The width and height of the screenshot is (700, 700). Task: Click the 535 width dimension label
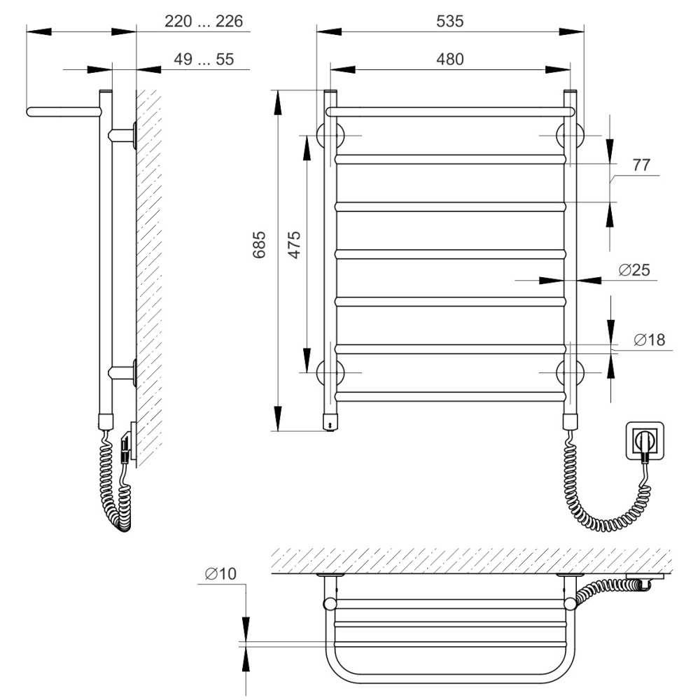pos(449,21)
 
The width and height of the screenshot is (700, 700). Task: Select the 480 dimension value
pos(449,59)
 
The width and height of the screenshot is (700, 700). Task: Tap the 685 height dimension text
pos(260,244)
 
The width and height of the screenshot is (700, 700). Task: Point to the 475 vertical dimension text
pos(294,244)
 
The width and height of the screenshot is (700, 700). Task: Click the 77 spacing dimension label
pos(641,165)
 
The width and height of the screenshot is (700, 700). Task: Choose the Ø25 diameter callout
pos(634,269)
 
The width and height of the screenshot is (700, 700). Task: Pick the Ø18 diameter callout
pos(650,339)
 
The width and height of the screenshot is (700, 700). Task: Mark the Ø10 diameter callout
pos(220,574)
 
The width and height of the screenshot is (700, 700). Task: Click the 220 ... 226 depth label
pos(204,21)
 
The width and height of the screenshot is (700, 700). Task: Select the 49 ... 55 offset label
pos(204,59)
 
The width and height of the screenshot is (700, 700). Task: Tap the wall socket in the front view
pos(645,440)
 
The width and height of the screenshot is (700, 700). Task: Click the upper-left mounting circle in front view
pos(330,135)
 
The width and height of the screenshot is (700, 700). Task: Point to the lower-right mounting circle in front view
pos(570,372)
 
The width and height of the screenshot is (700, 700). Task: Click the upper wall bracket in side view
pos(122,135)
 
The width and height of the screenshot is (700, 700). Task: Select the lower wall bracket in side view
pos(122,372)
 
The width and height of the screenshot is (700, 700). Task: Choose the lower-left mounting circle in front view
pos(330,372)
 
